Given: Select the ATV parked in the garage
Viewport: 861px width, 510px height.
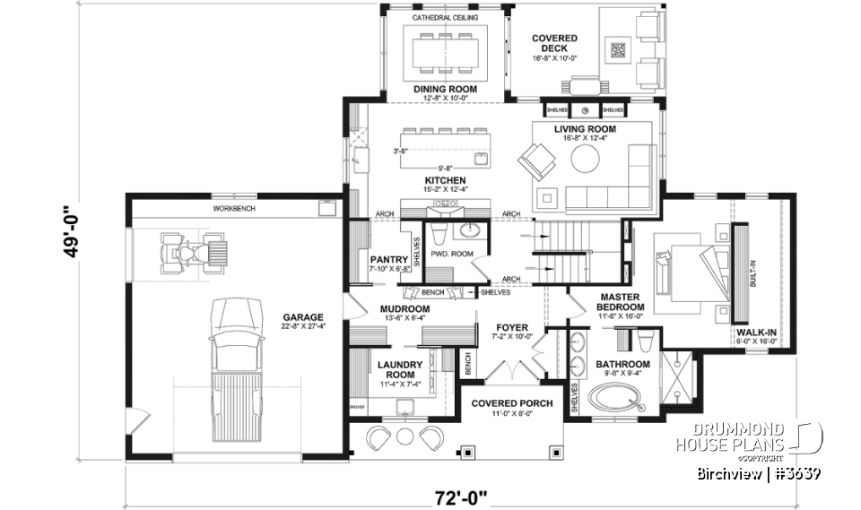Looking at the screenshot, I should [190, 252].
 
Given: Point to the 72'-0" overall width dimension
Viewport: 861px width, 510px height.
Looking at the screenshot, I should [459, 494].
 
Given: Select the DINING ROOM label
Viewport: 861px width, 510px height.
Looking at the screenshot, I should [445, 90].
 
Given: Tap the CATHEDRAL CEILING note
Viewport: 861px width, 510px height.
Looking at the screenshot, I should [444, 18].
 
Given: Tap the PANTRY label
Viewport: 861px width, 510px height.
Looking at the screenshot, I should [389, 260].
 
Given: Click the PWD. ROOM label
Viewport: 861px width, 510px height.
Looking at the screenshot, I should [451, 255].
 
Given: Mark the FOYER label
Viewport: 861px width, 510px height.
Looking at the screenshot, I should [512, 328].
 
